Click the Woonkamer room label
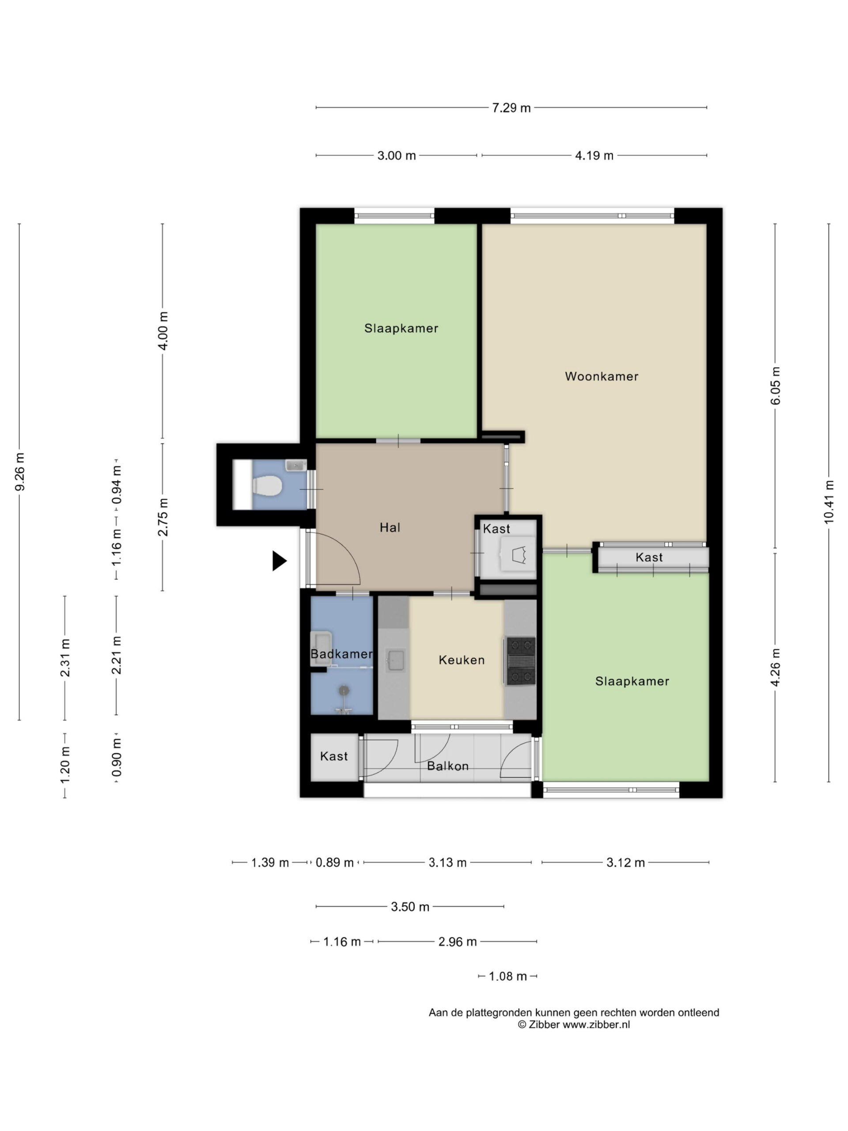pyautogui.click(x=601, y=376)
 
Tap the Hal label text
pyautogui.click(x=390, y=527)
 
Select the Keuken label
pyautogui.click(x=462, y=660)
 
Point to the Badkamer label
pyautogui.click(x=341, y=654)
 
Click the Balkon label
pyautogui.click(x=448, y=766)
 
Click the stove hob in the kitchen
pyautogui.click(x=520, y=660)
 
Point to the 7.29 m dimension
pyautogui.click(x=511, y=108)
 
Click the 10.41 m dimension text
pyautogui.click(x=829, y=501)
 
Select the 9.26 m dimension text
pyautogui.click(x=19, y=471)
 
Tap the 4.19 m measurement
pyautogui.click(x=594, y=156)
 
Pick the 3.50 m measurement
pyautogui.click(x=410, y=907)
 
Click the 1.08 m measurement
pyautogui.click(x=507, y=976)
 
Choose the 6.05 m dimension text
pyautogui.click(x=776, y=386)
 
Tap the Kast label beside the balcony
pyautogui.click(x=334, y=756)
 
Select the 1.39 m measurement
pyautogui.click(x=270, y=862)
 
